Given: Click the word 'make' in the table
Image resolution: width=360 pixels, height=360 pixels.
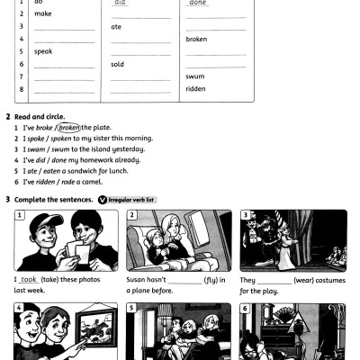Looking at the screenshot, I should (x=43, y=14).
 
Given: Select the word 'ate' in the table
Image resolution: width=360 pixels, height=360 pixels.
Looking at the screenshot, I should (x=116, y=27).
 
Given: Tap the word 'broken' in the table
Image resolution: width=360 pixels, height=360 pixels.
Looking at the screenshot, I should (x=196, y=40).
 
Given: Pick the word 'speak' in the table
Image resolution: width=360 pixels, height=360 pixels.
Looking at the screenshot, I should (x=43, y=52).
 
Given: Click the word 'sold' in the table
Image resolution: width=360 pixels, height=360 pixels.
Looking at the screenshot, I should (x=118, y=65).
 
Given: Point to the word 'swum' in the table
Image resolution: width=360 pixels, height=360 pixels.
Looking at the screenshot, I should (x=194, y=76).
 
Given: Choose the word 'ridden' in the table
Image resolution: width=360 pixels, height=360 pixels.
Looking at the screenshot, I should (x=195, y=89).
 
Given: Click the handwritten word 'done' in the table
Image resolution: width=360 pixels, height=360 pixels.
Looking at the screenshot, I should (x=197, y=4).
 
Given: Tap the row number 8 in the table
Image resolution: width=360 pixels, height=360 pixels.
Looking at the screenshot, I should (x=21, y=89).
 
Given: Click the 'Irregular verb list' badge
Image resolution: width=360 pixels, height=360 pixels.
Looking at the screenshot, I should (x=130, y=199).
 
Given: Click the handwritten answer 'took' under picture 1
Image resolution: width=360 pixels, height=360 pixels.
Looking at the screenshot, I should (x=29, y=280).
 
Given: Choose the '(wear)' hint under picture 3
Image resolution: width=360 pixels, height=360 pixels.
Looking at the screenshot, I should (x=301, y=280).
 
